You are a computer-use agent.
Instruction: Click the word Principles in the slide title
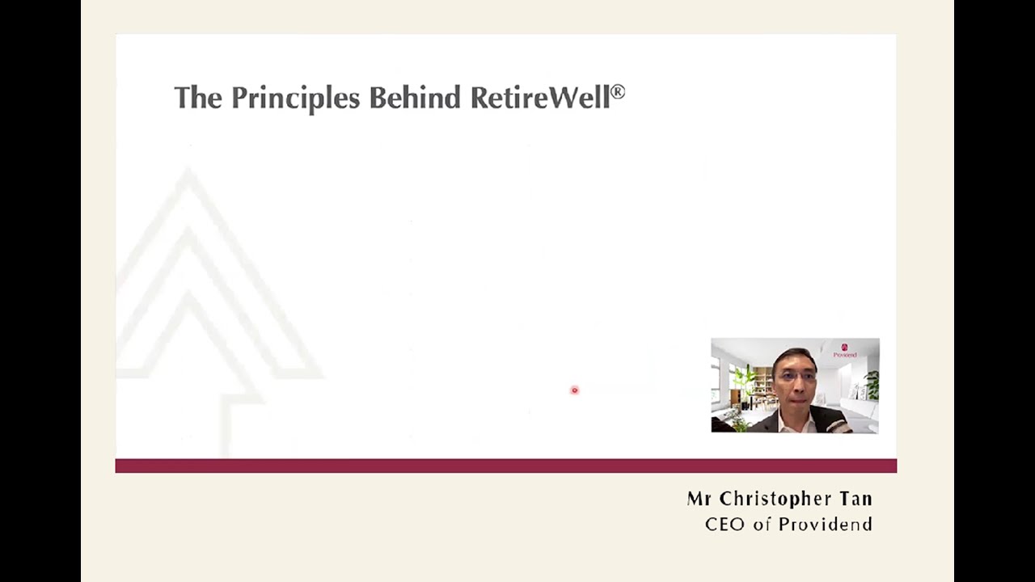pyautogui.click(x=296, y=98)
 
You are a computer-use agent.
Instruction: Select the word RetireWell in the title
pyautogui.click(x=539, y=98)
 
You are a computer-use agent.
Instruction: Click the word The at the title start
pyautogui.click(x=197, y=98)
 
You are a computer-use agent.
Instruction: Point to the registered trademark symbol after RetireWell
pyautogui.click(x=618, y=92)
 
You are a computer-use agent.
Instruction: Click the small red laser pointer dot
pyautogui.click(x=575, y=390)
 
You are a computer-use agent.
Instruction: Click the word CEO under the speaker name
pyautogui.click(x=725, y=525)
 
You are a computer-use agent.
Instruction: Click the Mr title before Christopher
pyautogui.click(x=699, y=499)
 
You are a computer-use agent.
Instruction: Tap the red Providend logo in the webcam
pyautogui.click(x=845, y=348)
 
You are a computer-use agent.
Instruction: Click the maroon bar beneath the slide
pyautogui.click(x=505, y=466)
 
